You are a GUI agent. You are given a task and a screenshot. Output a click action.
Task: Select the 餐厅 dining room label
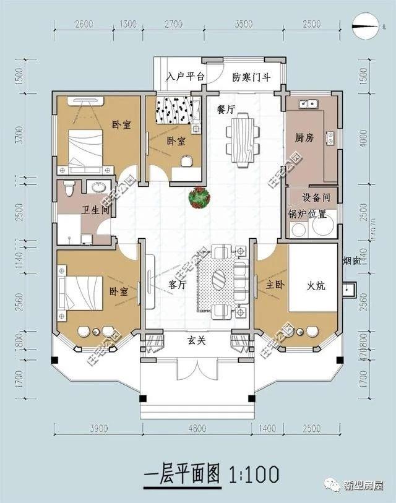(226, 110)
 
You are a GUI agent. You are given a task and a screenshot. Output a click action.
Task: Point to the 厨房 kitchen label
(304, 137)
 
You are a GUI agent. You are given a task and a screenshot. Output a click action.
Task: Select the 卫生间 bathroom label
(96, 210)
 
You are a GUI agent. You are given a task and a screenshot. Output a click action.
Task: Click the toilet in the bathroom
(69, 187)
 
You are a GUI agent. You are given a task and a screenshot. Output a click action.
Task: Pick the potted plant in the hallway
(200, 198)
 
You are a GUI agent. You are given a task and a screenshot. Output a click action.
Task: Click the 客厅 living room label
(178, 286)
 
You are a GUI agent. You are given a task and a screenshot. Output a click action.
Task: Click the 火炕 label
(317, 286)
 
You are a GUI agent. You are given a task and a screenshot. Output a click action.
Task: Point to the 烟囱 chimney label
(351, 262)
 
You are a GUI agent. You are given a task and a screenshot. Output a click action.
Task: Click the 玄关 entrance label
(196, 342)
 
